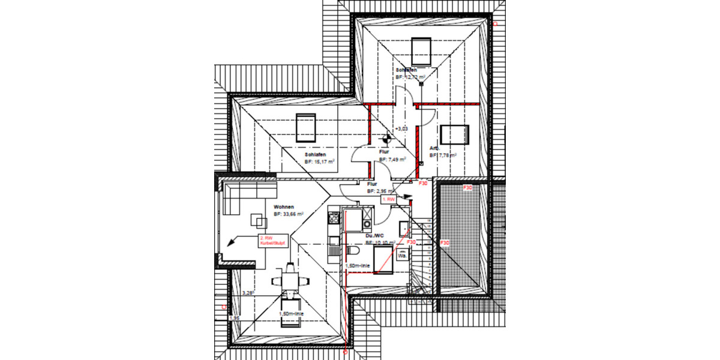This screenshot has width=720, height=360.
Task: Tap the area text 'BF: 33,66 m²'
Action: tap(289, 214)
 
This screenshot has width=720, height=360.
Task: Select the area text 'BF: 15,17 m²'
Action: tap(319, 161)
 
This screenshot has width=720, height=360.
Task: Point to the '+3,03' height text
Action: tap(401, 128)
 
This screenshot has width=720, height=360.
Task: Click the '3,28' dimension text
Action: tap(248, 293)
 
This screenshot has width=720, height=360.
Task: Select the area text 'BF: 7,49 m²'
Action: tap(393, 160)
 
